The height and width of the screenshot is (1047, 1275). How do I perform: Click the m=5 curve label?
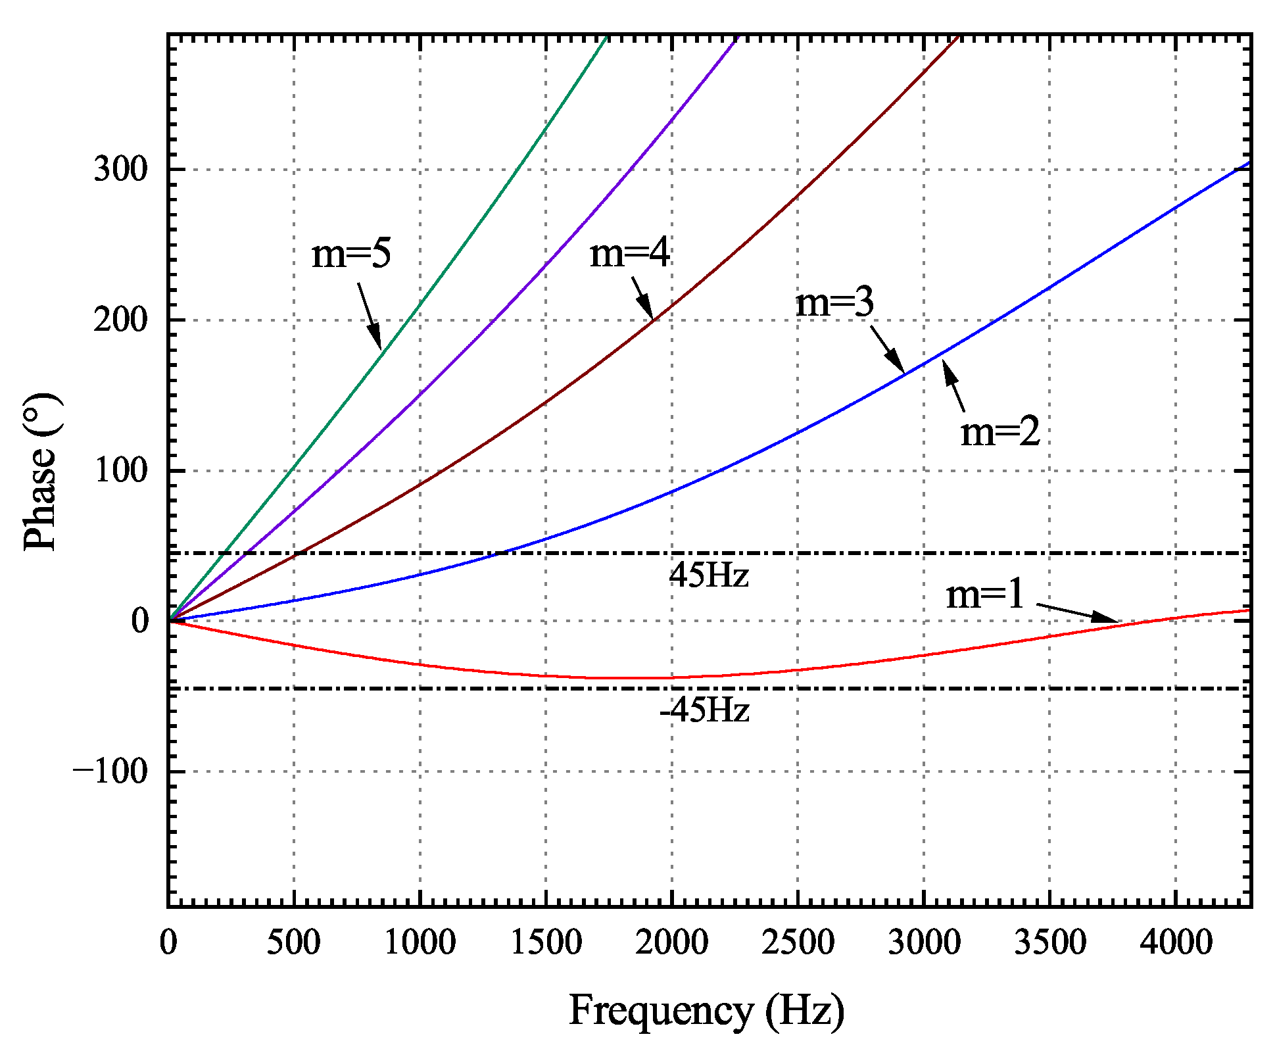(x=351, y=253)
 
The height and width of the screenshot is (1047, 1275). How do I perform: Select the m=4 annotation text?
(x=629, y=253)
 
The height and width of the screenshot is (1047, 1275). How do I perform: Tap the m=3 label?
(x=834, y=303)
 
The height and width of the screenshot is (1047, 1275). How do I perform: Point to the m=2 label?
(x=1000, y=432)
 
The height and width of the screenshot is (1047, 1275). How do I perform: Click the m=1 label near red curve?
(x=985, y=594)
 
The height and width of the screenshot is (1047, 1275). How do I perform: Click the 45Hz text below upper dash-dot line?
(x=709, y=575)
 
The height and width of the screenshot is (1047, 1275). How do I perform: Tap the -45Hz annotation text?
(x=704, y=710)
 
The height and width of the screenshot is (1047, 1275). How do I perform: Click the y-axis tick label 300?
(x=121, y=170)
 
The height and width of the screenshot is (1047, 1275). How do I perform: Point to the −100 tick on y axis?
(x=110, y=771)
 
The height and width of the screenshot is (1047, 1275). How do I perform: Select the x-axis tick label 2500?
(x=798, y=942)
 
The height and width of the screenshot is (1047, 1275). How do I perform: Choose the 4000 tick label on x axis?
(x=1176, y=942)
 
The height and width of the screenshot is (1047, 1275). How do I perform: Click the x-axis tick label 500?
(x=293, y=942)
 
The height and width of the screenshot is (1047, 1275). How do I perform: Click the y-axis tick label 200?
(x=121, y=320)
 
